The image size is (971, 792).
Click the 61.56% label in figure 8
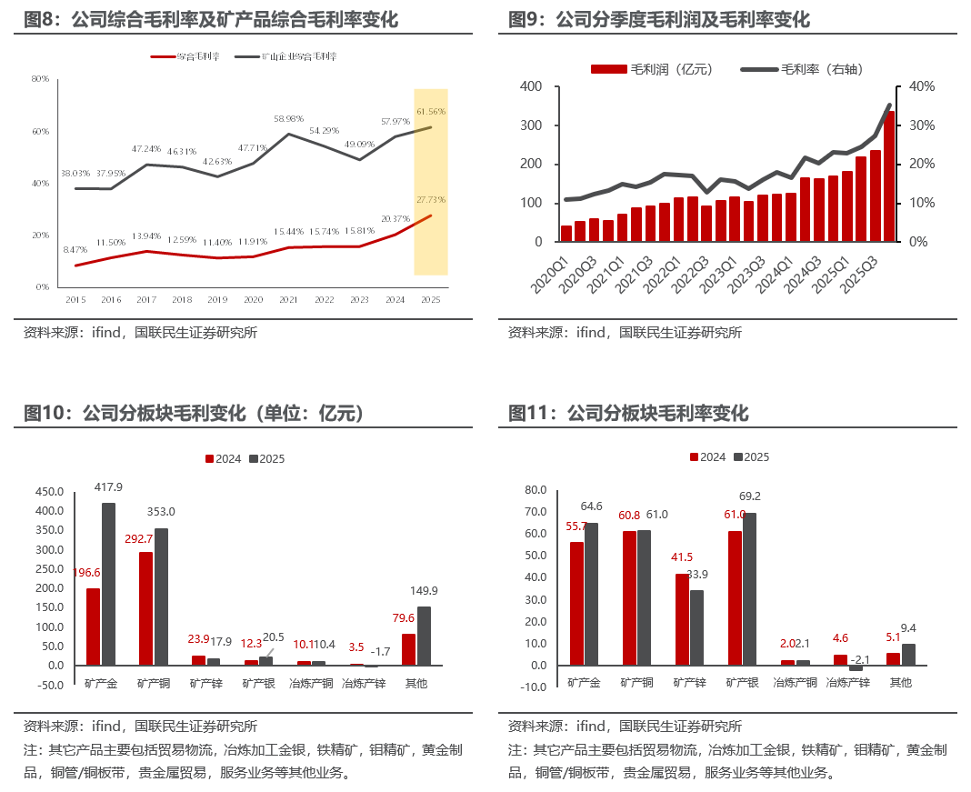(431, 111)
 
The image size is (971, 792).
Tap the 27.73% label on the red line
(431, 199)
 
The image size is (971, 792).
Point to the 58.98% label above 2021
(289, 118)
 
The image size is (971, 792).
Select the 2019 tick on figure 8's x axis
(217, 299)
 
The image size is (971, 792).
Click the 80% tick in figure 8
(40, 79)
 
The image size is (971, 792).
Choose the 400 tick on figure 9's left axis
(531, 86)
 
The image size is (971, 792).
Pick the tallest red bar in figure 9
(889, 176)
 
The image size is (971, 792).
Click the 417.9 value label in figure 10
(109, 487)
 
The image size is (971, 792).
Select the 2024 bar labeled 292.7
(145, 608)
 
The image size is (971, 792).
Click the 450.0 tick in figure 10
(49, 491)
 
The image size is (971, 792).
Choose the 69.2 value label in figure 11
(750, 496)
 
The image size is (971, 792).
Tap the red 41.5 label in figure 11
(682, 556)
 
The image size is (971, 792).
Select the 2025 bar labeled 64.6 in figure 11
(592, 594)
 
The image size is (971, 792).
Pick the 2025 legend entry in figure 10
(266, 458)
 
